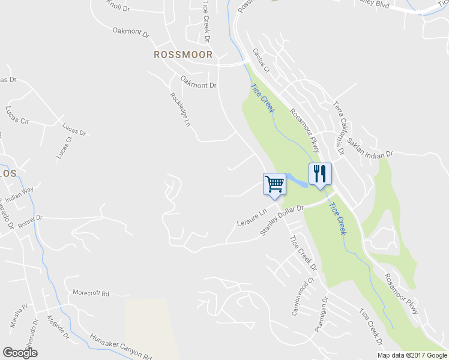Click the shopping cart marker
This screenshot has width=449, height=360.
coord(274,184)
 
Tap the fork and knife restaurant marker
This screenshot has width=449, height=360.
coord(320,174)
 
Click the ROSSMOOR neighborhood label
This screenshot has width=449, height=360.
coord(183,55)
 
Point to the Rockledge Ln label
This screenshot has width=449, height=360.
coord(180,109)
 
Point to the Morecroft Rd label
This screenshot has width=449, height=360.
coord(91,293)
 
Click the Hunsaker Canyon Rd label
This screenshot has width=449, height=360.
coord(120,346)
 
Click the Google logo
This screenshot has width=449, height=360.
coord(20,353)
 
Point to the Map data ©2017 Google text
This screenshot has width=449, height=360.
coord(412,355)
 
